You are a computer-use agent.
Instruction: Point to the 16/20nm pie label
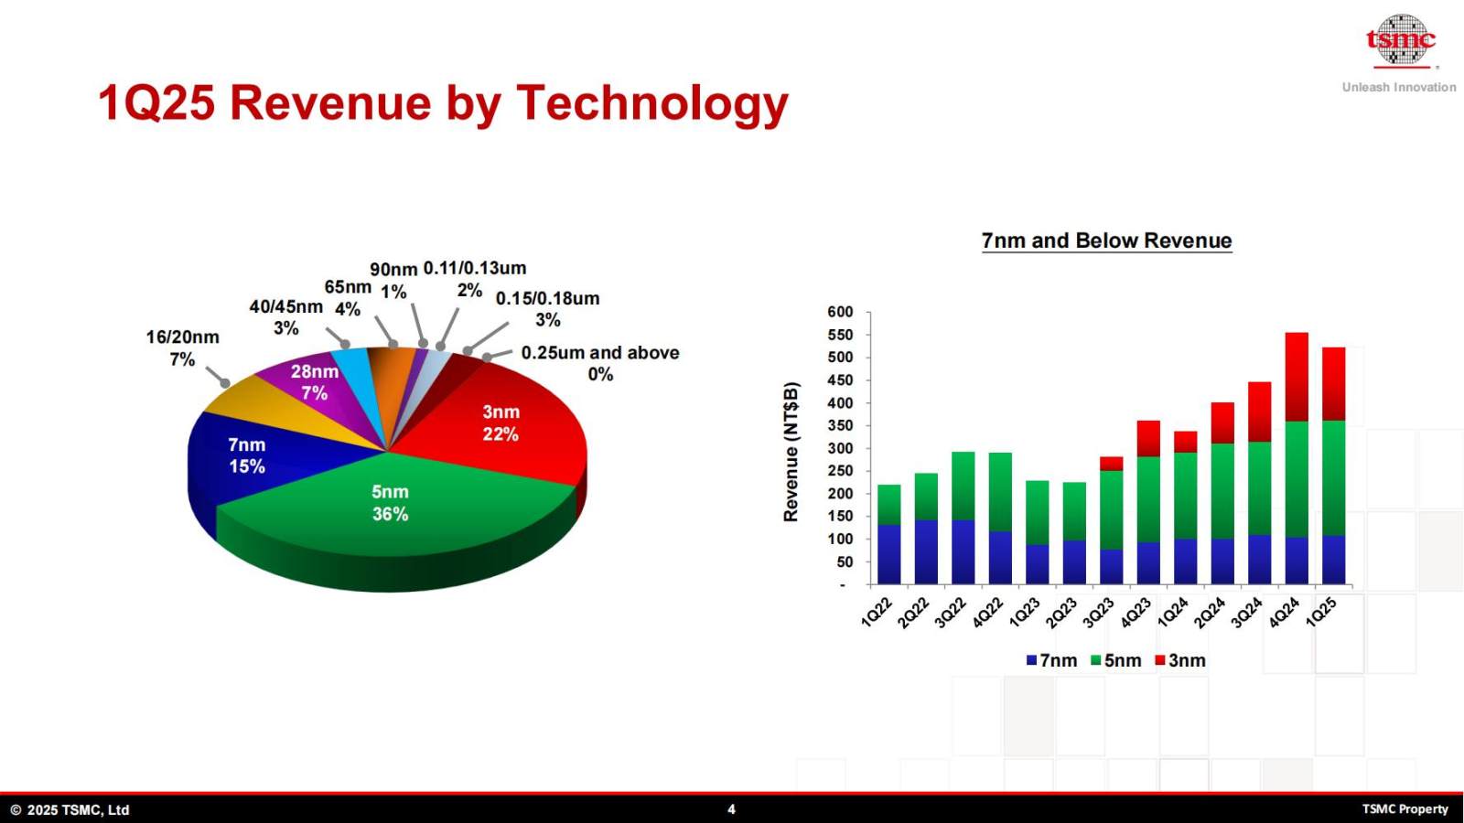coord(182,348)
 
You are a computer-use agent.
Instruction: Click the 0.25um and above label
coord(600,363)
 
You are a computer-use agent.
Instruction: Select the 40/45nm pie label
coord(285,317)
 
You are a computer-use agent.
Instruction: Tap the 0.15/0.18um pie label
coord(548,309)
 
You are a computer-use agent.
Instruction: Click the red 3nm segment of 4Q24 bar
coord(1297,377)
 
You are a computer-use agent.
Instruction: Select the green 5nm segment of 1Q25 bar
coord(1333,478)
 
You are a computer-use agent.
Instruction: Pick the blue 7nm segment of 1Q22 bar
coord(888,554)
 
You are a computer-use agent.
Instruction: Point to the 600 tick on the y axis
coord(841,312)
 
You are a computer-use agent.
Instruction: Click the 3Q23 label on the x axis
coord(1098,613)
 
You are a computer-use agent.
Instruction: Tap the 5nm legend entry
coord(1115,660)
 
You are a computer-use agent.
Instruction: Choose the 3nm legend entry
coord(1180,660)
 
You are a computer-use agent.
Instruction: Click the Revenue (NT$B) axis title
coord(791,452)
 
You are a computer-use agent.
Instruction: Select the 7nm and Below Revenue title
coord(1106,240)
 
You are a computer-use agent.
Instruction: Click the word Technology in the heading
coord(652,104)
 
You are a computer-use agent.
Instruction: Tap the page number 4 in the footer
coord(731,809)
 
